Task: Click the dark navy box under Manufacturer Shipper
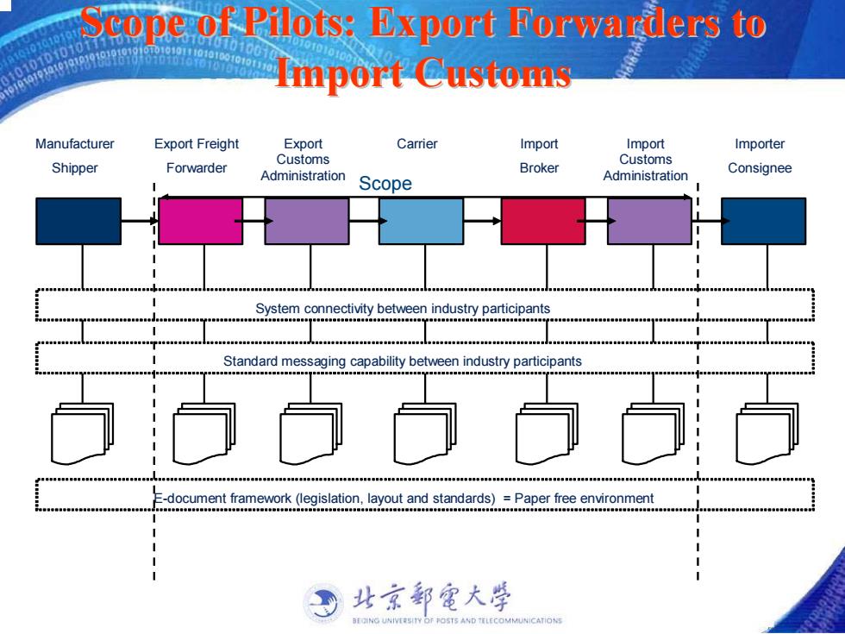(78, 221)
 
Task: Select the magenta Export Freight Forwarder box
(200, 221)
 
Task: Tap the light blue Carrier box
(421, 221)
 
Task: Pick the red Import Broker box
(543, 221)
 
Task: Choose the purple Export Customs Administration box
(307, 221)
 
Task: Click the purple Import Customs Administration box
(649, 221)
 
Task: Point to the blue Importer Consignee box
(764, 221)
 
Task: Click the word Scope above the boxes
(385, 184)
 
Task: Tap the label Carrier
(417, 144)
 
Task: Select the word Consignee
(760, 168)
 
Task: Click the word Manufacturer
(75, 144)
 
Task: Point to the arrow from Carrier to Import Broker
(482, 221)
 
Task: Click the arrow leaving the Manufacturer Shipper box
(140, 221)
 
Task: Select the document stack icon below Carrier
(424, 433)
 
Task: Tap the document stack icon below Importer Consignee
(767, 433)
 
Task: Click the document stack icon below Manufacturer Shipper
(82, 433)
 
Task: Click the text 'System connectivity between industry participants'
(403, 309)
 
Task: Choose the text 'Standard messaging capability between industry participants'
(403, 361)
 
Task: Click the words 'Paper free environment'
(585, 499)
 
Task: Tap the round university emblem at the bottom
(323, 604)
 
